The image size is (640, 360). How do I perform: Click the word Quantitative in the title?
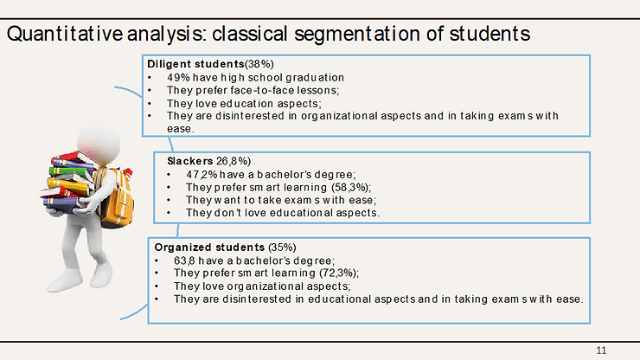[x=65, y=34]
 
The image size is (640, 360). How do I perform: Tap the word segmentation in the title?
[x=357, y=35]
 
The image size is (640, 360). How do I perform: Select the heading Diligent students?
[x=195, y=64]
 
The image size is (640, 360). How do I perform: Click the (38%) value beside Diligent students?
[x=259, y=64]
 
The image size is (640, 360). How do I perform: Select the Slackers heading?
[x=189, y=161]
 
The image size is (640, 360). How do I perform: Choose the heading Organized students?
[x=209, y=247]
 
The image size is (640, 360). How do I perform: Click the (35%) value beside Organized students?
[x=282, y=247]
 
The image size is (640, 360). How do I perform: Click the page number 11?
[x=601, y=350]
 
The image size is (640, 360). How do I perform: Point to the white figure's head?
[x=99, y=141]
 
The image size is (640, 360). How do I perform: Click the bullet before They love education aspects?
[x=150, y=104]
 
